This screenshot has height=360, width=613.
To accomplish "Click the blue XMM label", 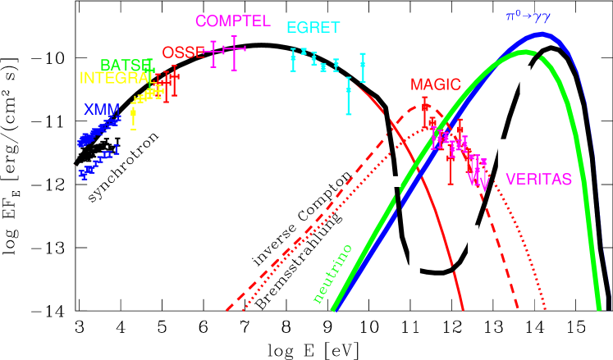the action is click(x=102, y=109).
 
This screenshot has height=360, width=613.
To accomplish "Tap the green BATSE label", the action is click(x=126, y=65).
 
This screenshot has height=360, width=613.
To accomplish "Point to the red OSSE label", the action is click(x=182, y=53).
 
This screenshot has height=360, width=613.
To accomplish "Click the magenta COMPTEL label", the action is click(x=232, y=21).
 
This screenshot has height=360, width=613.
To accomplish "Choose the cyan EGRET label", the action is click(x=313, y=28).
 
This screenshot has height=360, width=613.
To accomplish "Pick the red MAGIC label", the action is click(x=435, y=85).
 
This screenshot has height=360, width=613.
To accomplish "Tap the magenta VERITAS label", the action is click(x=538, y=180).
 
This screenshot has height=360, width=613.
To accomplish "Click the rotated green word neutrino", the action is click(x=332, y=274).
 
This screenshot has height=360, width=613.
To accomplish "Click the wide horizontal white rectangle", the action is click(x=387, y=181).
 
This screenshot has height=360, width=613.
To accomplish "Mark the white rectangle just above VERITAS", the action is click(x=504, y=155).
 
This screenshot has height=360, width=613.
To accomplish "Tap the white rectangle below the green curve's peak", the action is click(x=525, y=80).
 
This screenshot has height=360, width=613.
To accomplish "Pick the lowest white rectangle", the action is click(x=414, y=262).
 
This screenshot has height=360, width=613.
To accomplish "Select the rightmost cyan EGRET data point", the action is click(x=363, y=64).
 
